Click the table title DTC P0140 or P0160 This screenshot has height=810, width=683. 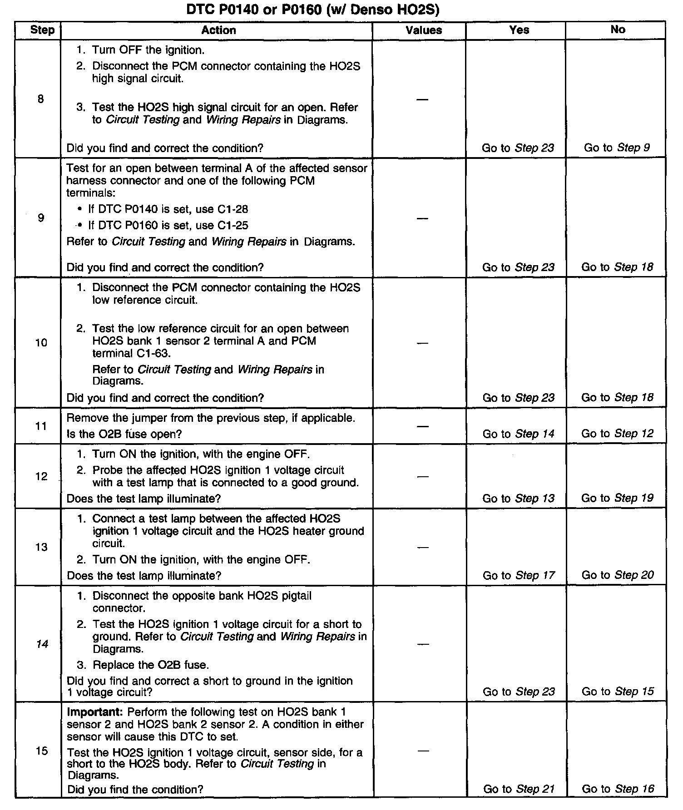[313, 10]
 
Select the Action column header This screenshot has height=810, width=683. [218, 30]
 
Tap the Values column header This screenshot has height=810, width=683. [423, 30]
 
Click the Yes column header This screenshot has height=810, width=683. [519, 30]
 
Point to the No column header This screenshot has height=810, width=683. [618, 30]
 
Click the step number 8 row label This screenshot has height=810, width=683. [41, 99]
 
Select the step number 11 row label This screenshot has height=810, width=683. [41, 426]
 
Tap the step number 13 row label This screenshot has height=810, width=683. [41, 547]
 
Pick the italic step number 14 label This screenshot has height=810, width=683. [42, 644]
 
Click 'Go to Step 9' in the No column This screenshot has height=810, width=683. [617, 148]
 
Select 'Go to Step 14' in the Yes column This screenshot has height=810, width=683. [518, 434]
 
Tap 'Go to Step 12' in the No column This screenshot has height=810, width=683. [617, 434]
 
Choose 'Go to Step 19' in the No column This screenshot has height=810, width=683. [617, 498]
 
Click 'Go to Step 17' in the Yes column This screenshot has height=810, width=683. [518, 575]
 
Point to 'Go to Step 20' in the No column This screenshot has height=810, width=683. [617, 575]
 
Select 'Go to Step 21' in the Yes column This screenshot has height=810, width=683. [519, 789]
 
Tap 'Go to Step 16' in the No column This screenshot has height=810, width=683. [618, 789]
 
